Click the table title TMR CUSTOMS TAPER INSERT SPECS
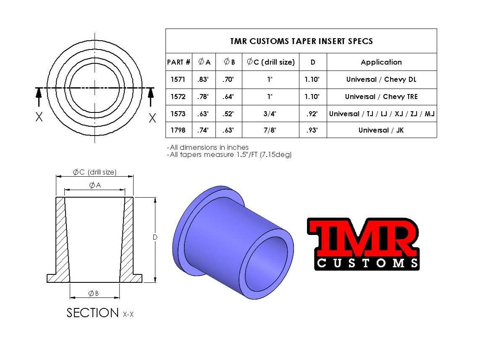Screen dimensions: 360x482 click(301, 41)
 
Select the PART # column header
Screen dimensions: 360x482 click(178, 62)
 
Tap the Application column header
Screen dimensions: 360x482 click(381, 62)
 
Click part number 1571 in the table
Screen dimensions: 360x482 click(178, 79)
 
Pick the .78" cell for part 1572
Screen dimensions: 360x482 click(204, 97)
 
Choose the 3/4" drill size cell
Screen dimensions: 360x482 click(270, 114)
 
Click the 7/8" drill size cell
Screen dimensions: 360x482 click(270, 130)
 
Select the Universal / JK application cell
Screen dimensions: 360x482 click(381, 130)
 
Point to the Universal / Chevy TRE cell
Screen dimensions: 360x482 click(381, 97)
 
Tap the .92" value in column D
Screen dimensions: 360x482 click(313, 114)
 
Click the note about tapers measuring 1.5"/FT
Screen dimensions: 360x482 click(229, 154)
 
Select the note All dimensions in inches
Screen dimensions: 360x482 click(208, 147)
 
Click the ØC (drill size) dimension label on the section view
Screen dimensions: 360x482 click(94, 172)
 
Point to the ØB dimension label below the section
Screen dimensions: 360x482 click(94, 293)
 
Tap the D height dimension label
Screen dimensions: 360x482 click(155, 237)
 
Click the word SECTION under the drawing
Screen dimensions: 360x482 click(93, 313)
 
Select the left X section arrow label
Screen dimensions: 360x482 click(39, 118)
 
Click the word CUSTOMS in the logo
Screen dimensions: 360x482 click(367, 263)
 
